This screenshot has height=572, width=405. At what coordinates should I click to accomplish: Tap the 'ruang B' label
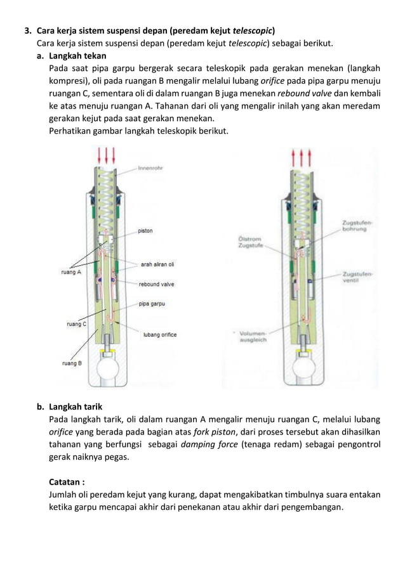[x=71, y=364]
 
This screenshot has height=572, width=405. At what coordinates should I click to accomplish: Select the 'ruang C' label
[x=76, y=324]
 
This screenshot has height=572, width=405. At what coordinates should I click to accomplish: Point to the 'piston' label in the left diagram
[x=145, y=231]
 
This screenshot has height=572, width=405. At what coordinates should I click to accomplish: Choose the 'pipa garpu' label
[x=152, y=304]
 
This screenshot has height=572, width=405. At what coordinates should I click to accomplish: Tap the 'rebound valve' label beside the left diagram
[x=157, y=284]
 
